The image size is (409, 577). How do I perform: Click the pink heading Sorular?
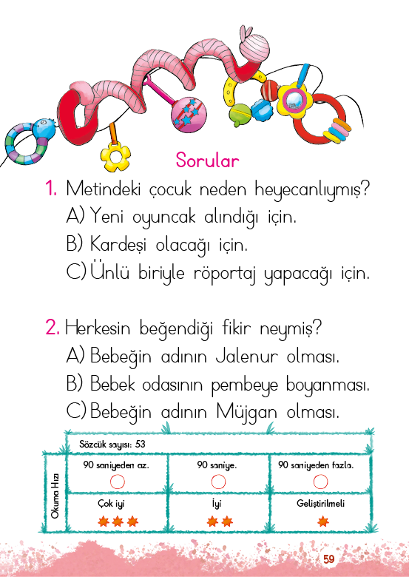tap(207, 161)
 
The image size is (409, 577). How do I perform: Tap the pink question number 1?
tap(51, 189)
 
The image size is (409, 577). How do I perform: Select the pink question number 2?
tap(53, 327)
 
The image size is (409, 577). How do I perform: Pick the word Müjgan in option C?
tap(246, 411)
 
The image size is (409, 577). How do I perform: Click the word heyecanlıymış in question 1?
tap(312, 190)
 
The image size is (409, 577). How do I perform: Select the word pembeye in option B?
tap(244, 385)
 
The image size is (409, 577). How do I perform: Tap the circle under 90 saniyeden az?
tap(118, 482)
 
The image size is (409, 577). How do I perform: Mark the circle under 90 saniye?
tap(218, 482)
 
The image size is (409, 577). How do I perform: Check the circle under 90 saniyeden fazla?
tap(320, 482)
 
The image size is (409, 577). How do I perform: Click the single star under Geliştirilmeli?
tap(323, 521)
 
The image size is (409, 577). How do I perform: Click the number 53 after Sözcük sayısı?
tap(140, 444)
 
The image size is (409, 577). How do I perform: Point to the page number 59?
tap(329, 559)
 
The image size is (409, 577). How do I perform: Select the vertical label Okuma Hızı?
tap(55, 497)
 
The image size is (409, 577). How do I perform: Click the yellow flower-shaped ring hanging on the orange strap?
tap(115, 157)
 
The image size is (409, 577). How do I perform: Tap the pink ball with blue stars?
tap(189, 115)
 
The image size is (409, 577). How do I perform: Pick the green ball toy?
tap(240, 115)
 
